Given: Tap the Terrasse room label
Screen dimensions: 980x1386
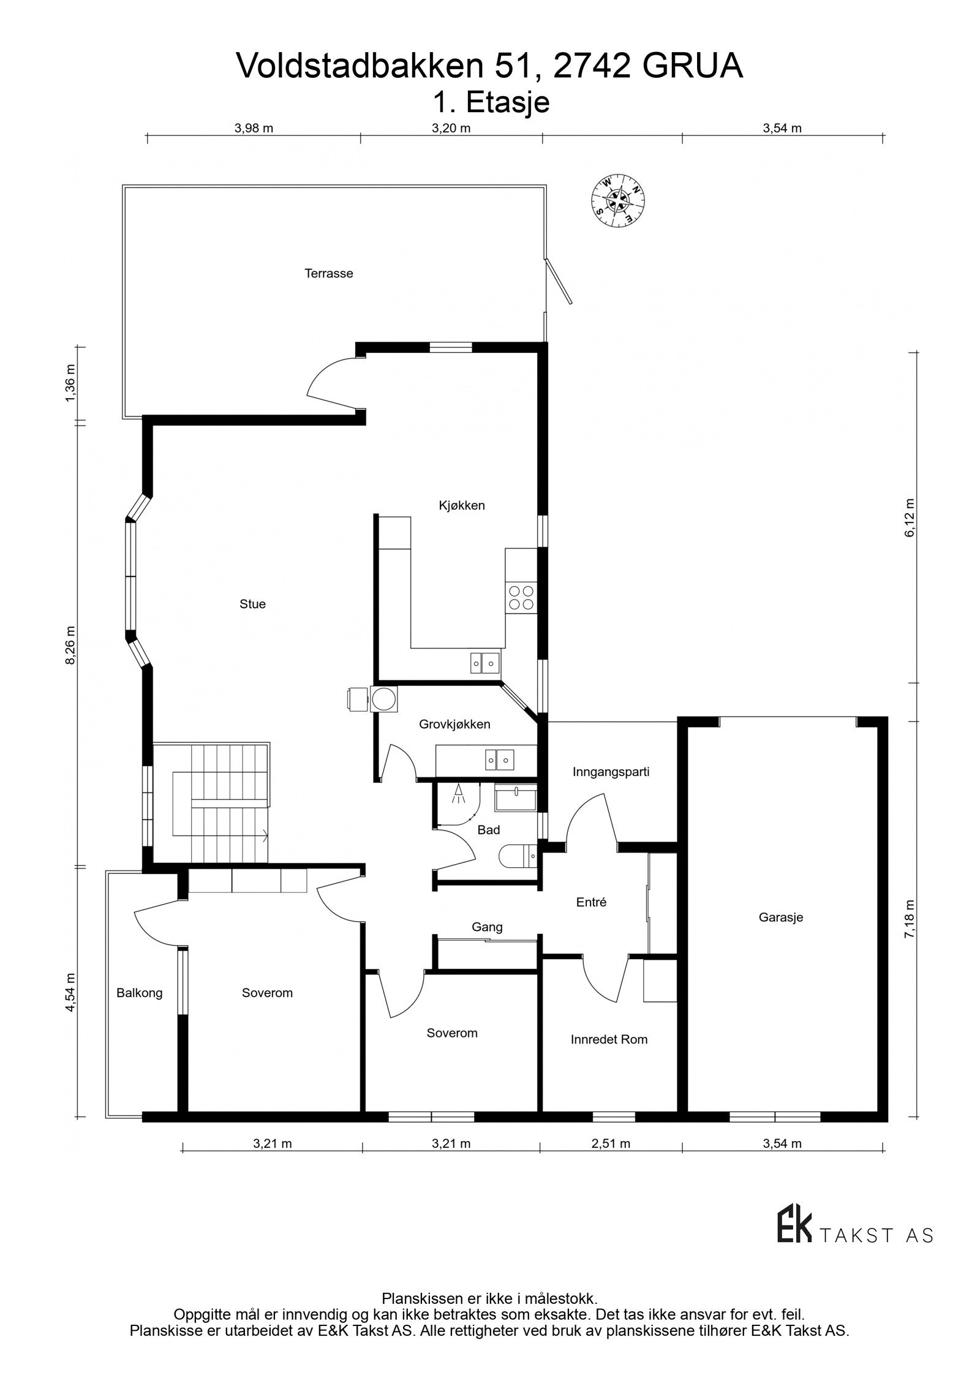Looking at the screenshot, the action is click(329, 274).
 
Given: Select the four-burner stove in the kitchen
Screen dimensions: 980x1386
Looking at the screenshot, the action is click(520, 597).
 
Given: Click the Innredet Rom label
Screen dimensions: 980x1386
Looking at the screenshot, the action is click(609, 1039).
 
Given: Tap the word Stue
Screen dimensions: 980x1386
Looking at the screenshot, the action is click(252, 604).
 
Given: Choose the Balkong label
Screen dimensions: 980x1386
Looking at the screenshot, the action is click(140, 993).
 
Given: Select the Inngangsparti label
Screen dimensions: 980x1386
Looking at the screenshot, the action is click(611, 772).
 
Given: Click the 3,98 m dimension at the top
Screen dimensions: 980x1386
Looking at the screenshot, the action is click(254, 128).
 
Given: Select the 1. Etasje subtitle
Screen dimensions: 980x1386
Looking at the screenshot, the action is click(491, 102).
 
